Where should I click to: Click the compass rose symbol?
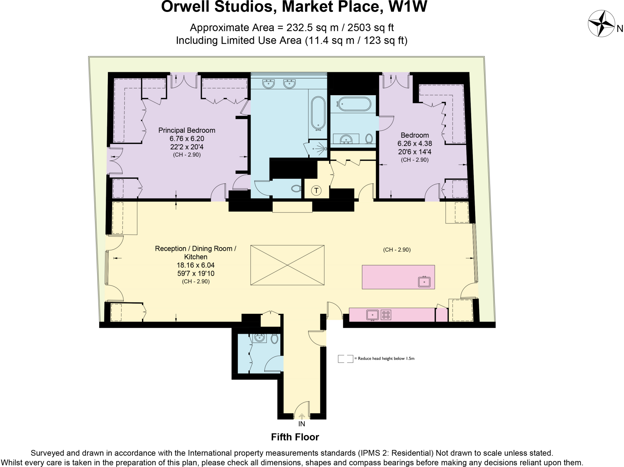tap(601, 23)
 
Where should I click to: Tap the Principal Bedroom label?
tap(186, 130)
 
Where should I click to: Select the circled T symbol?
tap(316, 191)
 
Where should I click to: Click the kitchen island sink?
tap(424, 282)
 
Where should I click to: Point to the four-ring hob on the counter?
tap(386, 315)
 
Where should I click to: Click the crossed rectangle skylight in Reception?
tap(287, 265)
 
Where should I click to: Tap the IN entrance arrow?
tap(301, 416)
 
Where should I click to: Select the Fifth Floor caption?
tap(295, 437)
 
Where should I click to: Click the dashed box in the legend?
tap(345, 359)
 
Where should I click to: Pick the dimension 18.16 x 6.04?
tap(195, 265)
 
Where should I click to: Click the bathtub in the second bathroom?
tap(355, 104)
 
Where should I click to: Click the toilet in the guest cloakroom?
tap(274, 339)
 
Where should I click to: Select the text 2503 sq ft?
tap(370, 28)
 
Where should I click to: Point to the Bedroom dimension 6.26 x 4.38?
tap(414, 143)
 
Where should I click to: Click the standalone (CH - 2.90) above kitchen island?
tap(397, 250)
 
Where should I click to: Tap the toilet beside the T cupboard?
tap(296, 188)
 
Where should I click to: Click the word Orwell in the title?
tap(186, 7)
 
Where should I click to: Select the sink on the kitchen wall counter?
tap(372, 314)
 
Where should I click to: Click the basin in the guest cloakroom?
tap(260, 338)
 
